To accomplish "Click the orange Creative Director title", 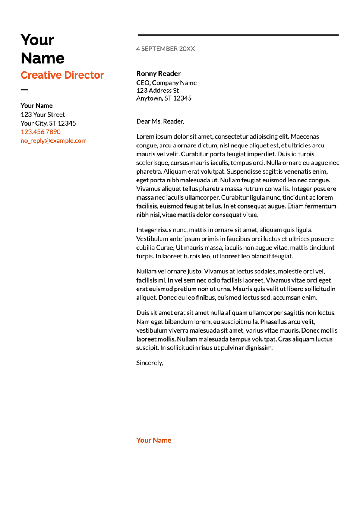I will [x=62, y=75].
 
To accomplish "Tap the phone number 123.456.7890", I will [x=41, y=132].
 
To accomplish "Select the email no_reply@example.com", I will [x=54, y=141].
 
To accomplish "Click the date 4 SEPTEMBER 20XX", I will [x=165, y=49].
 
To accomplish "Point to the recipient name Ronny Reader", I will [x=158, y=74].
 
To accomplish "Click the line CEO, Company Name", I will [x=166, y=83].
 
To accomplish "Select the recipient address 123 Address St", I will [x=157, y=91].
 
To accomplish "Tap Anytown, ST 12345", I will [x=164, y=98].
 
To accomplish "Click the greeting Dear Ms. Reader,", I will [x=160, y=121].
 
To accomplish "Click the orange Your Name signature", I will [x=154, y=440].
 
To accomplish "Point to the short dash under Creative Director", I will [x=25, y=90].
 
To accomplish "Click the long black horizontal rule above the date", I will [x=238, y=35].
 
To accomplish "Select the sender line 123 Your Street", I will [x=43, y=115].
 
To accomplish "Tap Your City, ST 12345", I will [x=48, y=123].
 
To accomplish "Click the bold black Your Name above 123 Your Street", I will [x=37, y=106].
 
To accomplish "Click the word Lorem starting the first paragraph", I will [x=145, y=137].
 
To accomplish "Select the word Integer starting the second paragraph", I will [x=146, y=230].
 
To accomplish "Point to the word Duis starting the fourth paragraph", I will [x=142, y=313].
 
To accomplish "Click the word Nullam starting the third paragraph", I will [x=146, y=272].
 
